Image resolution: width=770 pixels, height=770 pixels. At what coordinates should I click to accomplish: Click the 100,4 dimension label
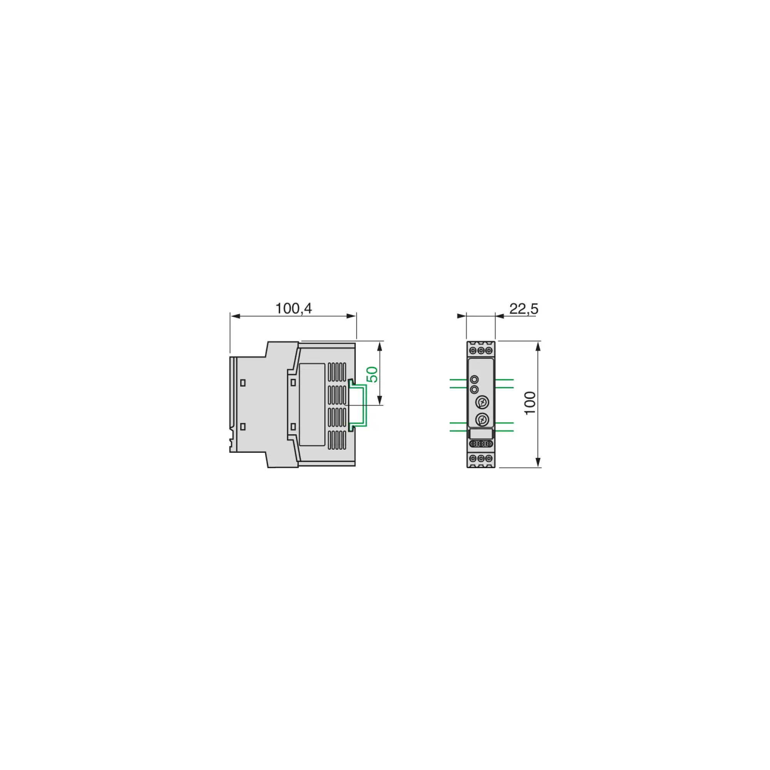294,308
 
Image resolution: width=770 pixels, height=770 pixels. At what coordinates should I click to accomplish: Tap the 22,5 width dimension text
524,308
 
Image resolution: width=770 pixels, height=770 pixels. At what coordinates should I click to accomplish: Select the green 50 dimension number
372,374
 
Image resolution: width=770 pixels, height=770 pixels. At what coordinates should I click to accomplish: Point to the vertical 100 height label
530,403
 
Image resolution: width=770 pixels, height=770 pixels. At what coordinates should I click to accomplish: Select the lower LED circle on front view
474,389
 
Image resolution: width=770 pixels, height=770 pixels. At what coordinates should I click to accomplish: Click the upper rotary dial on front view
482,403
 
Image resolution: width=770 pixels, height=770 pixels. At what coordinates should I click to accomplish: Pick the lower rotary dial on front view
482,420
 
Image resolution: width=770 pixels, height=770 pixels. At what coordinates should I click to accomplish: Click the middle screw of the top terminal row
480,350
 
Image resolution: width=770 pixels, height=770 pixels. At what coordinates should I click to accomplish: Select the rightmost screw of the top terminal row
489,350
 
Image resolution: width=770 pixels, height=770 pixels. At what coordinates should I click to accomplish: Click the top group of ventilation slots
337,372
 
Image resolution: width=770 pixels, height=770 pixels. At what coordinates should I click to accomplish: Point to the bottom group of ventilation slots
337,440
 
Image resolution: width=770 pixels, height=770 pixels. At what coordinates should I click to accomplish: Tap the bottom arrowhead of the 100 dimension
538,462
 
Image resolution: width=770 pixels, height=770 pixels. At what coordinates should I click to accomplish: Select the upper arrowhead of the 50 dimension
380,346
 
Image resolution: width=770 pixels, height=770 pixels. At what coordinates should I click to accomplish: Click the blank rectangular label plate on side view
312,404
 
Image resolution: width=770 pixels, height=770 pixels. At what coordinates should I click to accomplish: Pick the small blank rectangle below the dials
481,434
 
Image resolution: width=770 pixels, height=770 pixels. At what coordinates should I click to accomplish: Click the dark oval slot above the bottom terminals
481,444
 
